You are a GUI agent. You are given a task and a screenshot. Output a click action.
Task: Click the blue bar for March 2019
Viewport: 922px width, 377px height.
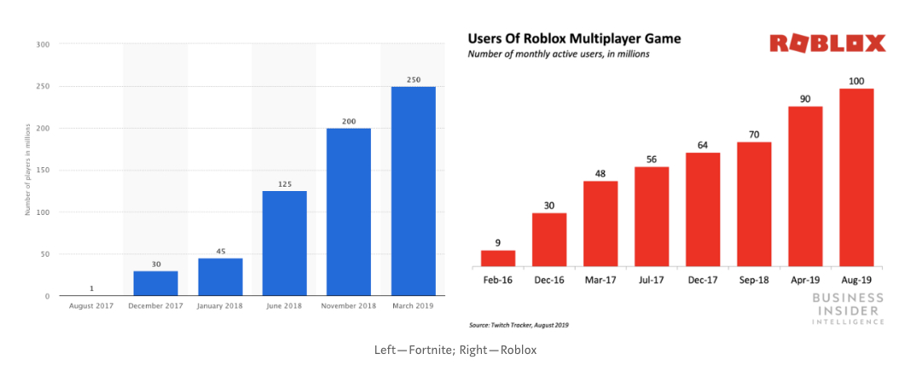(414, 191)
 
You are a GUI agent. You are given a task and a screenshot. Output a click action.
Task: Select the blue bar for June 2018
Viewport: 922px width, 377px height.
(284, 243)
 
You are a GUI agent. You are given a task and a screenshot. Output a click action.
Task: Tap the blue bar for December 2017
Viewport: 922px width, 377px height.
(155, 283)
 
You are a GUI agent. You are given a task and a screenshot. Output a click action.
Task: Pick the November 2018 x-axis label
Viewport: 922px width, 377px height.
(349, 305)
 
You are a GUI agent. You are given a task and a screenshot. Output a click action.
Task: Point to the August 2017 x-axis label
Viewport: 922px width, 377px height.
(90, 305)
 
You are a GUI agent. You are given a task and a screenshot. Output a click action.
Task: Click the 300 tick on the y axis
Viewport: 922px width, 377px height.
(43, 44)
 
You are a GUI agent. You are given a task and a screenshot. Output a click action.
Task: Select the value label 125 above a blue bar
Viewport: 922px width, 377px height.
(284, 183)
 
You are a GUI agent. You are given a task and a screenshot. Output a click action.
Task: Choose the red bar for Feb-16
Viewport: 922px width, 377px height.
(498, 258)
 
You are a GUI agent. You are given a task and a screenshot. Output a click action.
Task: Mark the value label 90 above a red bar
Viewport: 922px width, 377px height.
(805, 99)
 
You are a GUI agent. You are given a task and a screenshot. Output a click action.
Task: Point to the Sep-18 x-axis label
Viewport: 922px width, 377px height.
(754, 278)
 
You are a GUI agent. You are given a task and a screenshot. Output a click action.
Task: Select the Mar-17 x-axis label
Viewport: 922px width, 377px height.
(600, 278)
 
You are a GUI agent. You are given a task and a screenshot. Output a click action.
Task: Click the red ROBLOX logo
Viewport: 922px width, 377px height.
(827, 43)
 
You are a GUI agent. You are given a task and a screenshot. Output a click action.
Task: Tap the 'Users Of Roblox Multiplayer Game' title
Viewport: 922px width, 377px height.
(573, 39)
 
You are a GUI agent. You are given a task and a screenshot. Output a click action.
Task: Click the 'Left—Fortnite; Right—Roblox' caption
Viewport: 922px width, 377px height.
(455, 350)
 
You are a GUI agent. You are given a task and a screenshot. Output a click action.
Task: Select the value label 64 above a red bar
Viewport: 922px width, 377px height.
(703, 145)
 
